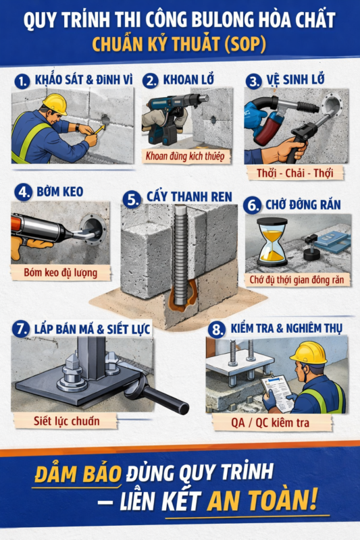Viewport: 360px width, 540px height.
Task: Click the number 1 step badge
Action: tap(22, 80)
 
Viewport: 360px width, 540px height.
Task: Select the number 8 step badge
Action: tap(216, 329)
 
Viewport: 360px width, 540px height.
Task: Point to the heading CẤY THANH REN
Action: tap(189, 198)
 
